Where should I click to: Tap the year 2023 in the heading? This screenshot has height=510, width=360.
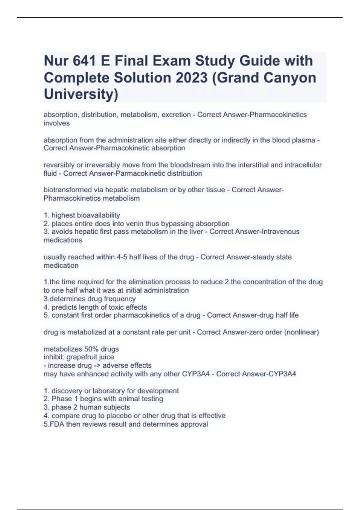pyautogui.click(x=192, y=78)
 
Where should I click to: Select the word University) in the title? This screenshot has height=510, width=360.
pyautogui.click(x=81, y=94)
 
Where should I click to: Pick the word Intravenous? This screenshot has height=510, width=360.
pyautogui.click(x=280, y=232)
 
